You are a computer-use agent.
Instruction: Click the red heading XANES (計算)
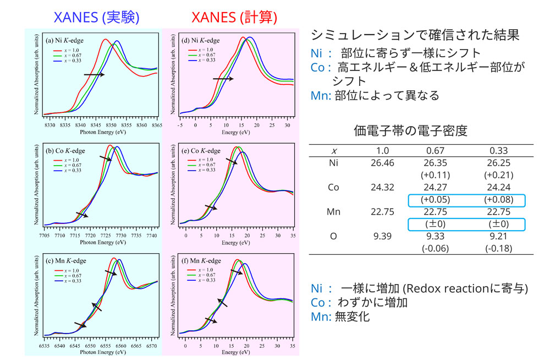click(234, 18)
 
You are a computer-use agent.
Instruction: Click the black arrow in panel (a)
click(94, 74)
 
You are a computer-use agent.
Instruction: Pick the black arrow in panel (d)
click(223, 79)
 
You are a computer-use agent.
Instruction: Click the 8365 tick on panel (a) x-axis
click(157, 125)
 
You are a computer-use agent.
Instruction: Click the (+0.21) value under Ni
click(499, 175)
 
